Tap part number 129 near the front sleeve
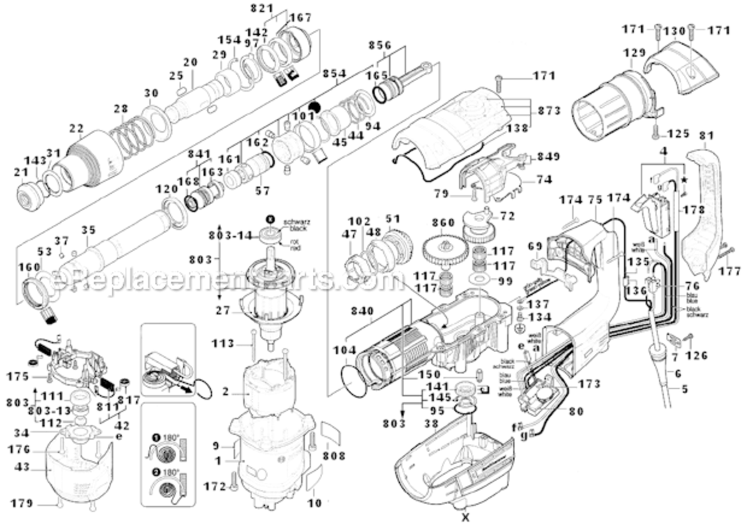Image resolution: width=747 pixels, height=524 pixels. pyautogui.click(x=634, y=53)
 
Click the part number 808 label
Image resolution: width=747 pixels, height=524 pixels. pyautogui.click(x=335, y=456)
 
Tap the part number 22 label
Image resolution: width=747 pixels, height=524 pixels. pyautogui.click(x=76, y=128)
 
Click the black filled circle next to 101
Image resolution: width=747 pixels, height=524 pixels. pyautogui.click(x=314, y=107)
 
